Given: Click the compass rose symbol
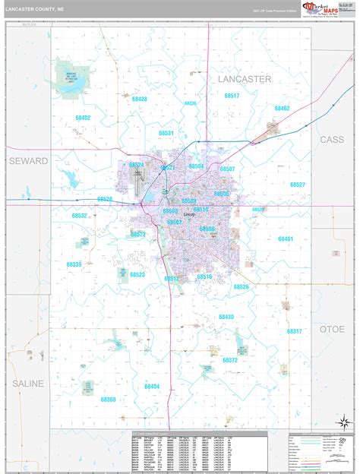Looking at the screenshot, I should click(x=343, y=420).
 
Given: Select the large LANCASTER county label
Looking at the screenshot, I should click(x=244, y=79).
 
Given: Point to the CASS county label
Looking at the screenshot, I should click(x=331, y=140).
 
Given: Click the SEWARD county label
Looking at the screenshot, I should click(x=28, y=161).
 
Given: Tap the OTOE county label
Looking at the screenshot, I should click(x=331, y=329).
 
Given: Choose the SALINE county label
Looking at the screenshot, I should click(x=28, y=384).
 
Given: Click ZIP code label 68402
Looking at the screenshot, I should click(x=83, y=118).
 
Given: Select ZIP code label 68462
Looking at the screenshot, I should click(x=282, y=109).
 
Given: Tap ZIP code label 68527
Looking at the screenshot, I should click(x=297, y=185).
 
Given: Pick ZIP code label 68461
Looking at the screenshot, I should click(x=285, y=239).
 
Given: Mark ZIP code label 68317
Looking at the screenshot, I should click(x=295, y=331).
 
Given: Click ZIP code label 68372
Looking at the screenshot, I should click(x=229, y=361).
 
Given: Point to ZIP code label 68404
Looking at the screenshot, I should click(x=152, y=387).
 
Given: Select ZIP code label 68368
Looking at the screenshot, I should click(x=108, y=400).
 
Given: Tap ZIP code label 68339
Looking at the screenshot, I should click(x=74, y=264).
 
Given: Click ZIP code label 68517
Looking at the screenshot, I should click(x=232, y=96).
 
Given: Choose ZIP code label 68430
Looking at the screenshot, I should click(x=226, y=316).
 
